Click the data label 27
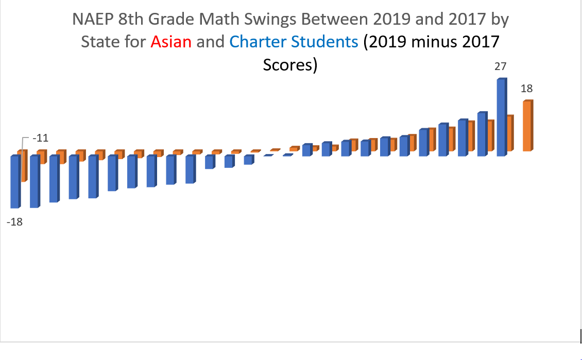click(500, 66)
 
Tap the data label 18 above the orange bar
click(526, 89)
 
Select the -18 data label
click(14, 222)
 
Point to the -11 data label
click(40, 139)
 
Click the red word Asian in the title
click(171, 41)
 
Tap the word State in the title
click(99, 41)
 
